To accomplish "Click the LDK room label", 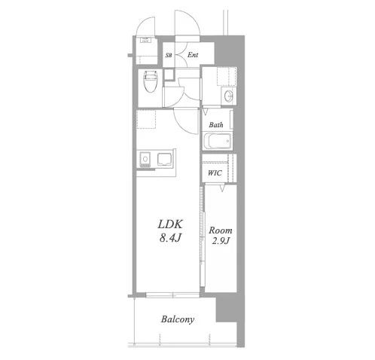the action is [x=170, y=224].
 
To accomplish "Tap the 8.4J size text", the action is [x=170, y=237].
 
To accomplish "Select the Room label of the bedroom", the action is [x=221, y=230].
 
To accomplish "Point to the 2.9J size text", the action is [x=221, y=241].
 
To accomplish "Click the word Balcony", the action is [x=178, y=319].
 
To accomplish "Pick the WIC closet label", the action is [x=215, y=173].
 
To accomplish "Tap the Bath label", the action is [x=216, y=124].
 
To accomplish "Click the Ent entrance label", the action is [x=193, y=55].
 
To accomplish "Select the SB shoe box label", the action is [x=169, y=55].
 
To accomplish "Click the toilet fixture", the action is [x=150, y=81].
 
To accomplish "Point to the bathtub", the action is [x=218, y=141].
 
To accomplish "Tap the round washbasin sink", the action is [x=229, y=96].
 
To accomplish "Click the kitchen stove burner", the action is [x=145, y=159].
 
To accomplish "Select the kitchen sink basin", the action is [x=165, y=159].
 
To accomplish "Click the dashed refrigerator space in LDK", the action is [x=146, y=119].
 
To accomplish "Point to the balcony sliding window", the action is [x=172, y=295].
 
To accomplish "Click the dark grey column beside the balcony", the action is [x=226, y=310].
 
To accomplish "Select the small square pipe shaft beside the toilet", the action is [x=169, y=74].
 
